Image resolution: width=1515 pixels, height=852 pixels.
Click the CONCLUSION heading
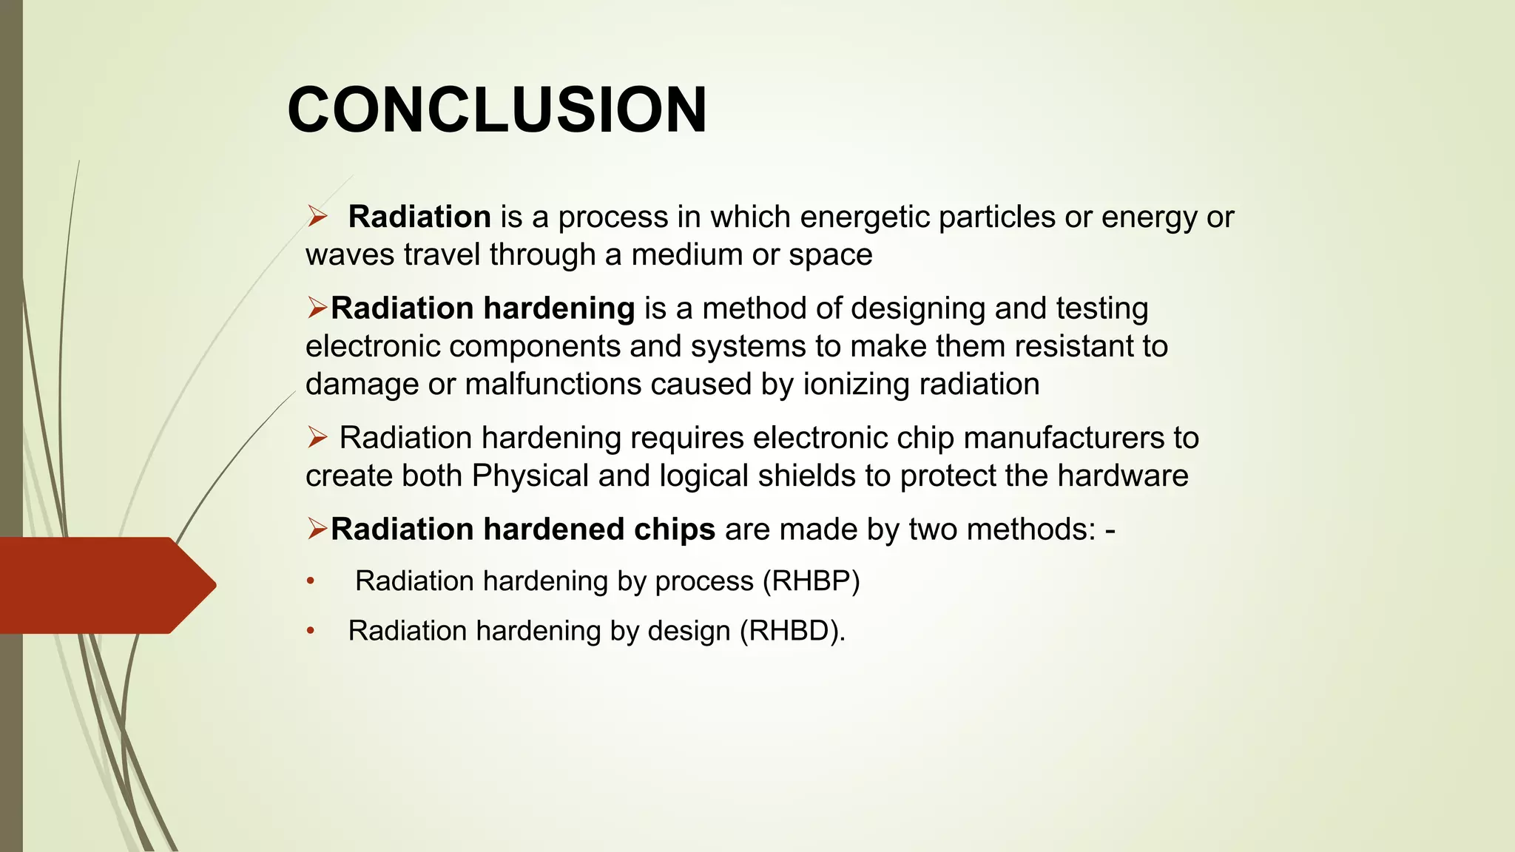click(497, 110)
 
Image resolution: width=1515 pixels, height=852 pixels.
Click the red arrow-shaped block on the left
click(104, 585)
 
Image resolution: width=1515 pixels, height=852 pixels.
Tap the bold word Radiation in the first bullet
click(419, 217)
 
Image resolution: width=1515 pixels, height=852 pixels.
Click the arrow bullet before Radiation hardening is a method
click(317, 307)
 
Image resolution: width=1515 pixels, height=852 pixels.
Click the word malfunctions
click(553, 384)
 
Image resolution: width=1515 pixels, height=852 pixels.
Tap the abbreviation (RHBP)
click(810, 581)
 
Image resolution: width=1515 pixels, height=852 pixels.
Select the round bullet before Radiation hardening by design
click(311, 631)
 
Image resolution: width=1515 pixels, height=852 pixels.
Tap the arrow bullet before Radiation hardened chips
click(317, 528)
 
